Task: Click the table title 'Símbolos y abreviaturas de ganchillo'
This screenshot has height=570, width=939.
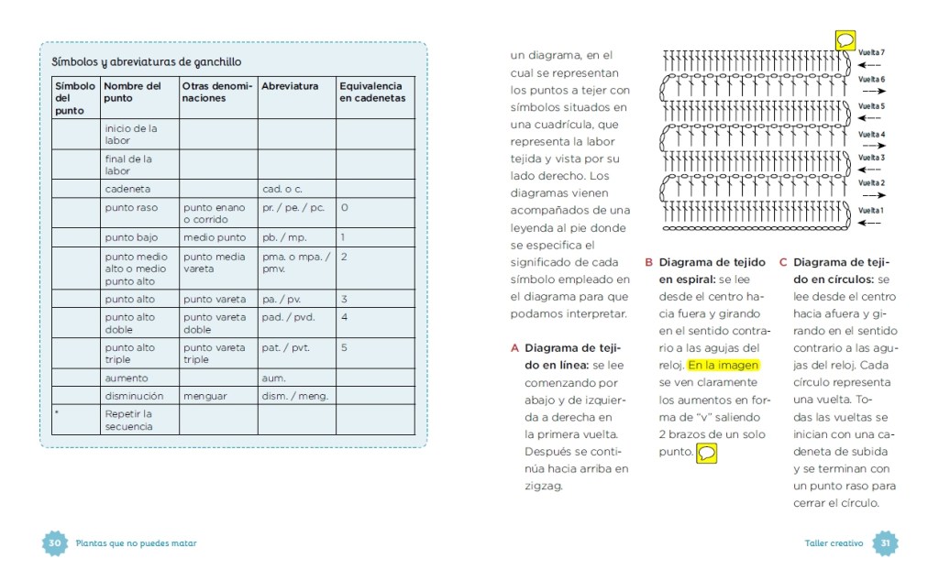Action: pyautogui.click(x=147, y=62)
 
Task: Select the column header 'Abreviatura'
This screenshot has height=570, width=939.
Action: pyautogui.click(x=290, y=86)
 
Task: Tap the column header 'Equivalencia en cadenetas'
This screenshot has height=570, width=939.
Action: pyautogui.click(x=371, y=92)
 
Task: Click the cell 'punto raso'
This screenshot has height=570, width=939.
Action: pyautogui.click(x=131, y=208)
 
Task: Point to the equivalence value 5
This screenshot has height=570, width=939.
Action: pyautogui.click(x=344, y=348)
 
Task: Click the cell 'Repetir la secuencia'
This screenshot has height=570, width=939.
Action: pyautogui.click(x=128, y=420)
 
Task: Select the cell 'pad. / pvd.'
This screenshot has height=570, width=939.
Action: pyautogui.click(x=287, y=317)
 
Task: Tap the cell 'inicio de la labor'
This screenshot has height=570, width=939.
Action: pyautogui.click(x=130, y=135)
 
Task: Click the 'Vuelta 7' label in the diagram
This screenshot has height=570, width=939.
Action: pyautogui.click(x=871, y=52)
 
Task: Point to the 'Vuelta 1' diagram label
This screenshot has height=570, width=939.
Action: pyautogui.click(x=871, y=211)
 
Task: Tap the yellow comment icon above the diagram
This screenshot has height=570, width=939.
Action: pyautogui.click(x=845, y=40)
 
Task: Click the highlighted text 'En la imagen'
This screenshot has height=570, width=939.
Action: pyautogui.click(x=724, y=365)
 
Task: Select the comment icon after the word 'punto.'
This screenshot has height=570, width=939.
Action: pyautogui.click(x=707, y=454)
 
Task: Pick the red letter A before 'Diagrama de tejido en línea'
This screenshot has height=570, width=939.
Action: pyautogui.click(x=515, y=348)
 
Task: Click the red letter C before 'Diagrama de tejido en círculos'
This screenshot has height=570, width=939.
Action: pyautogui.click(x=783, y=262)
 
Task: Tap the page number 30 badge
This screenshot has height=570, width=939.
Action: pyautogui.click(x=54, y=543)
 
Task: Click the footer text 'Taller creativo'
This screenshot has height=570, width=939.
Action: pyautogui.click(x=834, y=543)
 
